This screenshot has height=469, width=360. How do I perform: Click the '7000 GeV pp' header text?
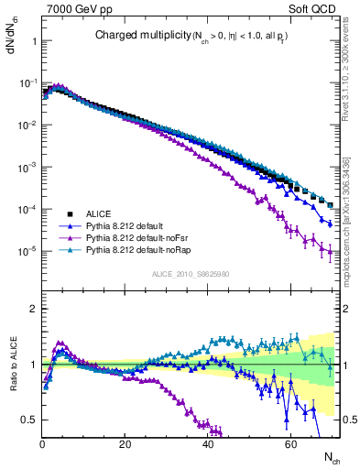[75, 8]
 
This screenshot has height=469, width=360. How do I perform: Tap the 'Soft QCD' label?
[312, 8]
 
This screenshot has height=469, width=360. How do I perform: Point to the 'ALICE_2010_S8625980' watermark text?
[189, 274]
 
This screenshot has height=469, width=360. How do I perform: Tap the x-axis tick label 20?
[125, 443]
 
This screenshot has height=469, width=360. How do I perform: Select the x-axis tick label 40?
[208, 443]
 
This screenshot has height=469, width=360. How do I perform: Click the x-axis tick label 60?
[290, 443]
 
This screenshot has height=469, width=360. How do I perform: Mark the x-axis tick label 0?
[42, 443]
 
